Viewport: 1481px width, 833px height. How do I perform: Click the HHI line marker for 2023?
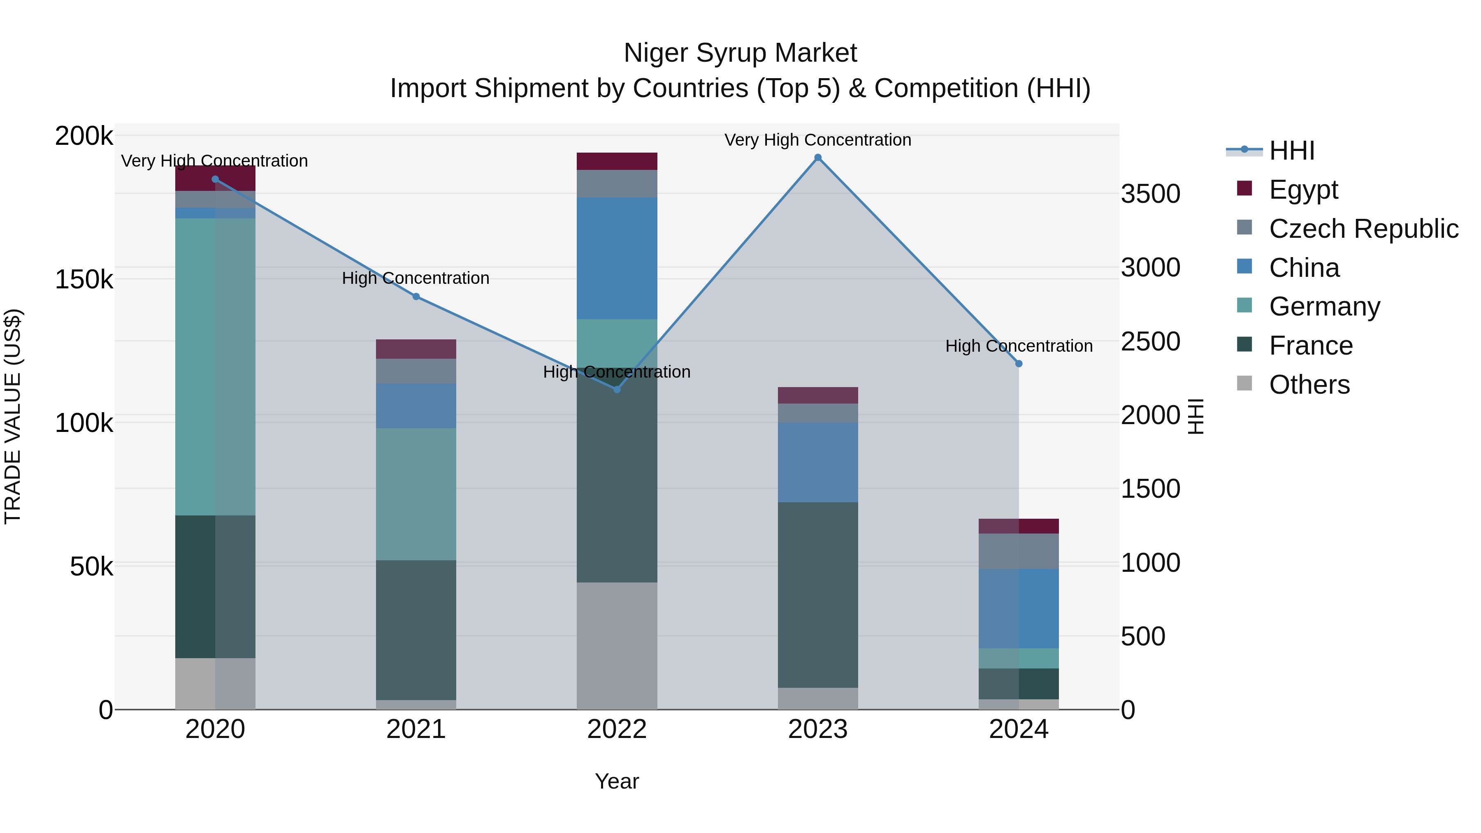click(817, 158)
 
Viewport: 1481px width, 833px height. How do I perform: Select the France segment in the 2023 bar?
click(817, 595)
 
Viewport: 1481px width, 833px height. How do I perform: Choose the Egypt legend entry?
click(1303, 190)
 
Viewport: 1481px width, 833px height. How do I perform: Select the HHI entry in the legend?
click(1291, 151)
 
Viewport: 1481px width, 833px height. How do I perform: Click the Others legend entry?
click(1309, 385)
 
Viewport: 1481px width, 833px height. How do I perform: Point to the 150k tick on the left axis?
click(84, 280)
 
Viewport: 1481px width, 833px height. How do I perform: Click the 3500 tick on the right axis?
click(1150, 194)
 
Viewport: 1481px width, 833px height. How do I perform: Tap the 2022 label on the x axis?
click(617, 729)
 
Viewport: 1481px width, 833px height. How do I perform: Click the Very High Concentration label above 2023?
click(817, 140)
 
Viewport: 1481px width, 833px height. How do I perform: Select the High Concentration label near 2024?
click(1019, 346)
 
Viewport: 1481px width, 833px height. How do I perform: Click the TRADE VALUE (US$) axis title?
click(13, 416)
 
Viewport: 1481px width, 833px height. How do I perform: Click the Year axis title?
click(617, 781)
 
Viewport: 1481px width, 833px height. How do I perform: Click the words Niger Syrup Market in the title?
click(740, 53)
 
